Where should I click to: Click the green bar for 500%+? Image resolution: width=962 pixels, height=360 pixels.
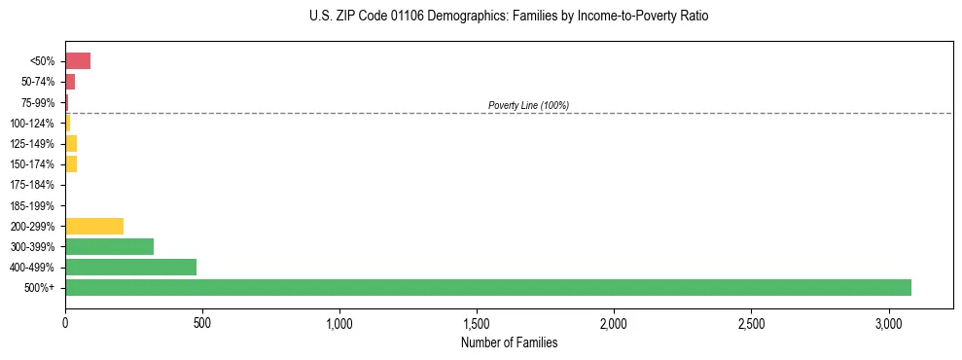pos(487,287)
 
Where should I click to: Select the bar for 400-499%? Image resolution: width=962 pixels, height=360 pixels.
pos(130,267)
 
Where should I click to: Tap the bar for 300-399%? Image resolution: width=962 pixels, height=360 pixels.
pos(109,246)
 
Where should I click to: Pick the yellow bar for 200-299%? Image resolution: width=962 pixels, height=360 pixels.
pos(94,226)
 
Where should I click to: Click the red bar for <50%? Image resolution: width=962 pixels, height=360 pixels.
pos(78,61)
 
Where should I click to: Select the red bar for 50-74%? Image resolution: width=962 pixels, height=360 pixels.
pos(70,82)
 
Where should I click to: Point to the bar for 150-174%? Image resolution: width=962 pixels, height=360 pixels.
pos(71,164)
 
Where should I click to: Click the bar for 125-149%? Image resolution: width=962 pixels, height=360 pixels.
pos(71,144)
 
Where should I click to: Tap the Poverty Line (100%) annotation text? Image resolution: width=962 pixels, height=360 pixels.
pos(528,105)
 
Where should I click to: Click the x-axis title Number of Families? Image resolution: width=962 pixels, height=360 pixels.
pos(509,342)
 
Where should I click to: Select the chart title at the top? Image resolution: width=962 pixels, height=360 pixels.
pos(509,17)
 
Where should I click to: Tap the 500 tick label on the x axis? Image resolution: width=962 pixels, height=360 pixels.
pos(202,322)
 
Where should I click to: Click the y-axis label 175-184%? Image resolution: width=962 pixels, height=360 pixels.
pos(32,185)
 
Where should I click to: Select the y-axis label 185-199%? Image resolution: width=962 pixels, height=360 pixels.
pos(32,205)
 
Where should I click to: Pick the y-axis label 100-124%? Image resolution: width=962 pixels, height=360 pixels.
pos(32,124)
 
